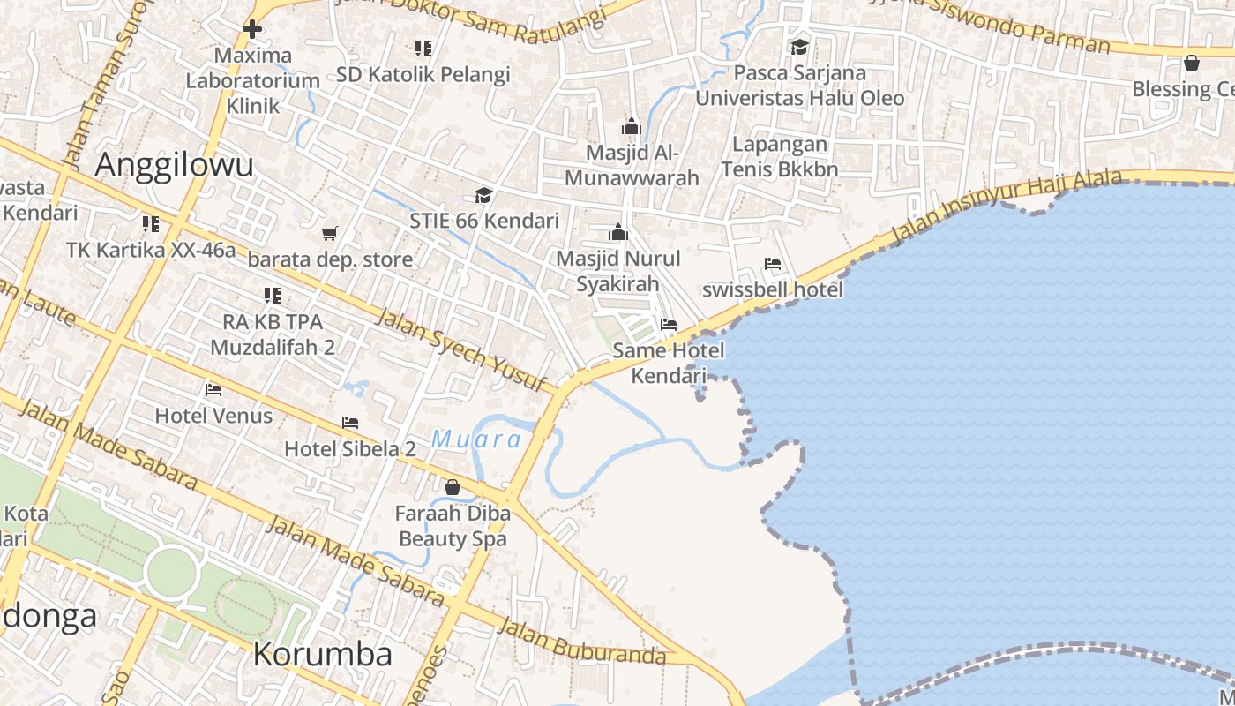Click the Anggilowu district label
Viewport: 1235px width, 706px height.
175,165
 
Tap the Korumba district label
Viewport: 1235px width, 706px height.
323,654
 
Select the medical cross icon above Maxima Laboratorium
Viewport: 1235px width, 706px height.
252,29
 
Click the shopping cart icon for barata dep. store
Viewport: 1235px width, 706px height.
330,234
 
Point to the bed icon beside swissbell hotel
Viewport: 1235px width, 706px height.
773,264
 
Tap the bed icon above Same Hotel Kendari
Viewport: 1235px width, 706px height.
669,325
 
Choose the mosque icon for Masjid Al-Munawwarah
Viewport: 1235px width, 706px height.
632,126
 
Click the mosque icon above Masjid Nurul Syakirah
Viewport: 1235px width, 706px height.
618,232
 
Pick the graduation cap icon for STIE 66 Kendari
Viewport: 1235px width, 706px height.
483,195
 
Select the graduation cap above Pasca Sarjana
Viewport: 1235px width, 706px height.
799,47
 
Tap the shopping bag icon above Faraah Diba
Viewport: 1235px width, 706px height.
453,487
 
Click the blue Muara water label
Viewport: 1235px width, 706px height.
476,439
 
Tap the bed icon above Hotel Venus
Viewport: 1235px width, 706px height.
213,389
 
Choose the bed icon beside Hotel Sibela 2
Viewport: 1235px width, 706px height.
350,424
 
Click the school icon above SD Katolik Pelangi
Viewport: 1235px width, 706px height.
423,49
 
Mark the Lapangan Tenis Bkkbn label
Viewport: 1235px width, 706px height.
775,156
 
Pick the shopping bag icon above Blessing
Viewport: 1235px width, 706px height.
1191,63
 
